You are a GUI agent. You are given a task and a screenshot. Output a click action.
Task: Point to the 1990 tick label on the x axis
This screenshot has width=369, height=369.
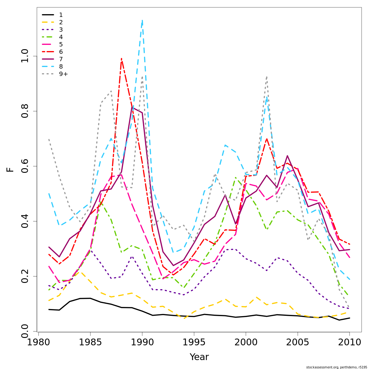[142, 342]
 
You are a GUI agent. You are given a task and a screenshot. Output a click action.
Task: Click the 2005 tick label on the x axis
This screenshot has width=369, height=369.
[298, 342]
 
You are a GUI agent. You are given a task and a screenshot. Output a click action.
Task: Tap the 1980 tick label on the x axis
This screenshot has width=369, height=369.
[38, 342]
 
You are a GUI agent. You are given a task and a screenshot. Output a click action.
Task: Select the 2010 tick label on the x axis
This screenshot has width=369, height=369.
[349, 342]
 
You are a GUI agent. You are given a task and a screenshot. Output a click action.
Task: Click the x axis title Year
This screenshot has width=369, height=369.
[199, 357]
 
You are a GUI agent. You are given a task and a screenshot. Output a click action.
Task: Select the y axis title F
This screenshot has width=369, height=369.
[10, 169]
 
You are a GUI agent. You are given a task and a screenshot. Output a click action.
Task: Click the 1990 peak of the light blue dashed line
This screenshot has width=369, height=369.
[142, 20]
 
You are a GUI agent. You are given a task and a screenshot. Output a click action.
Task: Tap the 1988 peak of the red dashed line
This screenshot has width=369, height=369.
[121, 58]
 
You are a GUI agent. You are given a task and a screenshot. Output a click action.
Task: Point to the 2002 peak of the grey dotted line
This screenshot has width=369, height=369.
[267, 77]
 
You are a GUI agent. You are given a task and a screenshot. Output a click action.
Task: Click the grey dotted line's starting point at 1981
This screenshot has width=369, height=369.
[49, 139]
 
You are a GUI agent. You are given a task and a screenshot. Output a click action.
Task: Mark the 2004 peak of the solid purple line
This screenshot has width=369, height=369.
[287, 156]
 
